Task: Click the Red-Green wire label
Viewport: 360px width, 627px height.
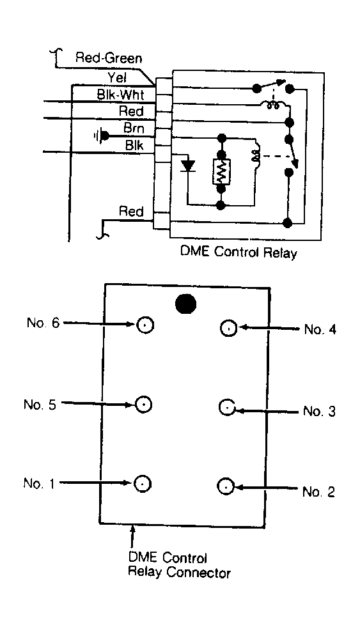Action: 109,58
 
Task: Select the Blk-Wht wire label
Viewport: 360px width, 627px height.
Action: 120,95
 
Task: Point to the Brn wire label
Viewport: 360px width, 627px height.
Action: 134,128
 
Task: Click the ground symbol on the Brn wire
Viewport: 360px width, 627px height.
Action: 102,136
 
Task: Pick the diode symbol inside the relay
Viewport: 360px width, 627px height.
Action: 188,166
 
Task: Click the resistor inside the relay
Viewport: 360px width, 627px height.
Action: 221,171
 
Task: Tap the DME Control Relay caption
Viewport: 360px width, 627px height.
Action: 239,252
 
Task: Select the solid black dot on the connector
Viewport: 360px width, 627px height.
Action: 185,304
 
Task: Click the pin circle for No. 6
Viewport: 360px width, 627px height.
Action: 145,325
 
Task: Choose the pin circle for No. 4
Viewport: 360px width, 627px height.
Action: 228,329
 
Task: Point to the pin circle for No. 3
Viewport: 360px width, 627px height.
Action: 227,408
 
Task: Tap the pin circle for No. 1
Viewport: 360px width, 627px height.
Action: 143,483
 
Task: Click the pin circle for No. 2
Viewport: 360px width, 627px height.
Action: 226,486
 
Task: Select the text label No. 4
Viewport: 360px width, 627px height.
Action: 320,330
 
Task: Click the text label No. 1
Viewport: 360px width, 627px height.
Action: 38,483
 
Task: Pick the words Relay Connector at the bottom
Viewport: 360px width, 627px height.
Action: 179,572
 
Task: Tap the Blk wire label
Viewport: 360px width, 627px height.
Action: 134,146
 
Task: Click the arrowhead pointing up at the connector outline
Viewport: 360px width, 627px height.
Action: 133,528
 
